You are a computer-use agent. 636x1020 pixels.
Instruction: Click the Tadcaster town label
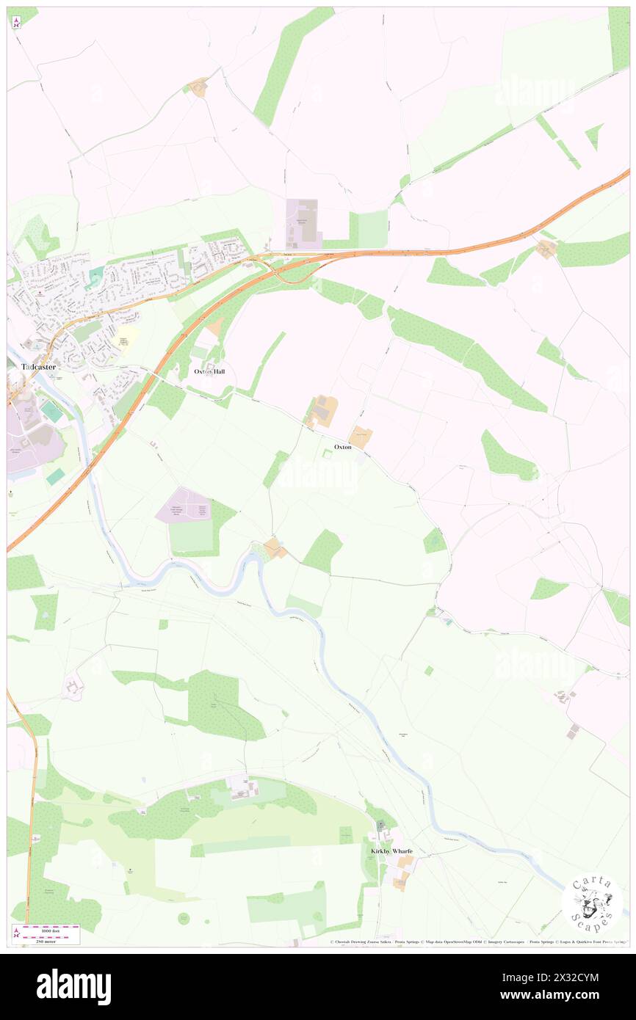[x=32, y=366]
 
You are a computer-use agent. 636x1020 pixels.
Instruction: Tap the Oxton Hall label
[x=209, y=372]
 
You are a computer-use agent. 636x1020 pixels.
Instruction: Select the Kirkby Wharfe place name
[x=391, y=851]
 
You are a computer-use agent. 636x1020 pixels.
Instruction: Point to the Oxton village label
[x=342, y=447]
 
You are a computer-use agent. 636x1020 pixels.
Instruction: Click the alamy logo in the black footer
[x=73, y=986]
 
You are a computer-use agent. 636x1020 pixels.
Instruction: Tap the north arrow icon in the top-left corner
[x=16, y=21]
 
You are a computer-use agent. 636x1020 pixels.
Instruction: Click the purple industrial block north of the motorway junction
[x=303, y=223]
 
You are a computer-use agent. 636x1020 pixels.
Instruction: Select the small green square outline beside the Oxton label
[x=328, y=456]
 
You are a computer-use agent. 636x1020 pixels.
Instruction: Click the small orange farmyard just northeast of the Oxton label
[x=361, y=436]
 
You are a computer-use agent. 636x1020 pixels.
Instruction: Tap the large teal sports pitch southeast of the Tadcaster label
[x=51, y=410]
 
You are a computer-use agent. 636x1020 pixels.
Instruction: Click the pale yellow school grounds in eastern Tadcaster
[x=126, y=337]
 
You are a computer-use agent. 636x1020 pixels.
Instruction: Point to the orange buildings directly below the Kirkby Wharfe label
[x=401, y=881]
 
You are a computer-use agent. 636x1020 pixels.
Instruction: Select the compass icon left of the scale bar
[x=16, y=933]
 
